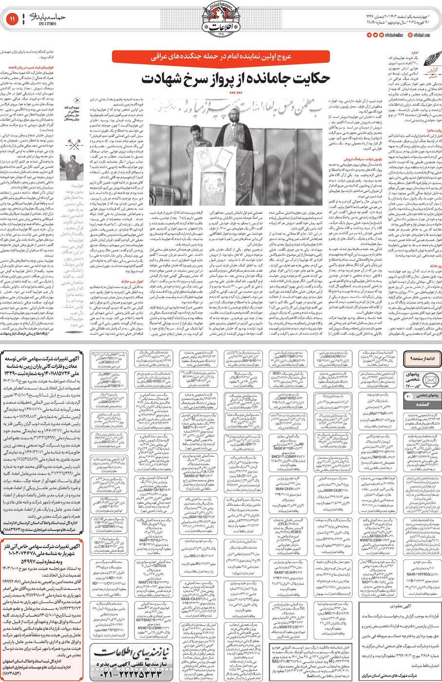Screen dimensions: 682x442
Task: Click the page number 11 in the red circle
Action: point(12,19)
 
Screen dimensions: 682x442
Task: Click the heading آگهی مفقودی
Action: point(403,607)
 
